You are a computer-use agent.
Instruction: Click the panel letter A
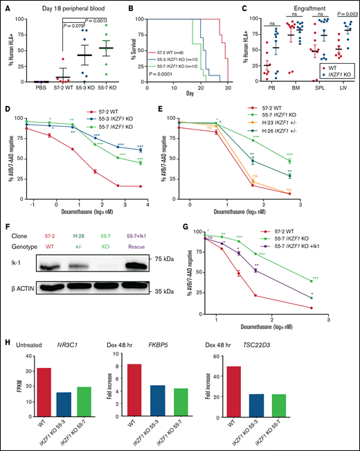tap(6, 6)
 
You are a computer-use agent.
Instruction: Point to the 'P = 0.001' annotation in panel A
tap(89, 21)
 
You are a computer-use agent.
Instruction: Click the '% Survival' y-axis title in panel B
tap(130, 44)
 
